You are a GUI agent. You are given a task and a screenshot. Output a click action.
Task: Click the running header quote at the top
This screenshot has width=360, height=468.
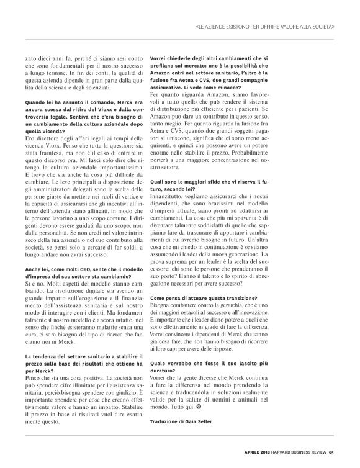click(x=264, y=27)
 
